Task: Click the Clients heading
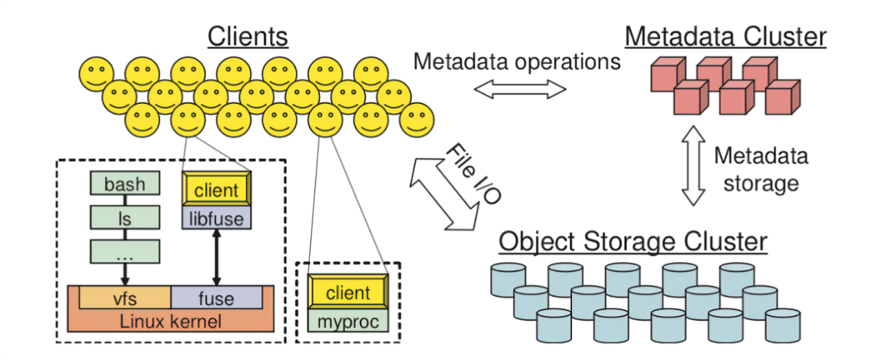tap(248, 36)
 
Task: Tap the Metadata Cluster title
tap(725, 36)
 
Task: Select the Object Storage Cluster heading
tap(633, 242)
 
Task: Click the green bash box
tap(125, 184)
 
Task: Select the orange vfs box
tap(125, 298)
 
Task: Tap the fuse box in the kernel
tap(216, 298)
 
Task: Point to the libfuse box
tap(216, 218)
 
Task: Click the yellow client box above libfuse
tap(216, 190)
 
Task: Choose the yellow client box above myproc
tap(348, 293)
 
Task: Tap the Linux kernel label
tap(170, 321)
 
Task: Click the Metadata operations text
tap(517, 61)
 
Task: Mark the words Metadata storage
tap(761, 169)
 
